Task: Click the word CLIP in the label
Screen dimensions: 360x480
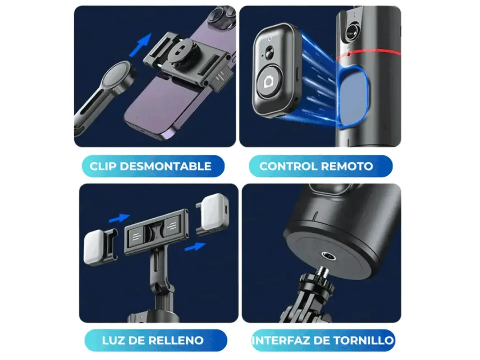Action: [103, 167]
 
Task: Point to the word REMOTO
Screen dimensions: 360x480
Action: [347, 167]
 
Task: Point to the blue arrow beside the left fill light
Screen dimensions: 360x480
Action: [119, 218]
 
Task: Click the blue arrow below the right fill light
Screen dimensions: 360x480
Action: [195, 245]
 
